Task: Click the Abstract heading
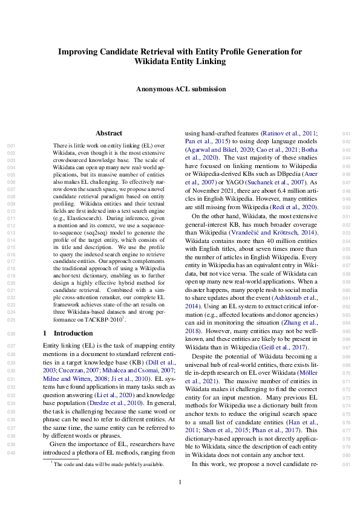click(110, 133)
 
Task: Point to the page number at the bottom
click(180, 482)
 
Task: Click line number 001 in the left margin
click(10, 146)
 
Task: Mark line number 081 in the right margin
click(346, 464)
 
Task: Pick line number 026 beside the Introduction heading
click(10, 333)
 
